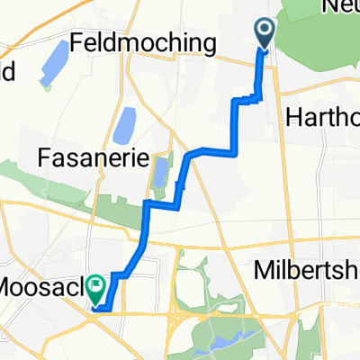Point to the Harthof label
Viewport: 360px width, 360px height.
[322, 118]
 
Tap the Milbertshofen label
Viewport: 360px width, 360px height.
[310, 270]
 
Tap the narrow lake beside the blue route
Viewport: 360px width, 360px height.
[162, 173]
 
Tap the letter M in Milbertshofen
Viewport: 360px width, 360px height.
[260, 270]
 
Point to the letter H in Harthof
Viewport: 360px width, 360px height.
[292, 118]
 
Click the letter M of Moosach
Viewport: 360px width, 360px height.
[11, 290]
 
